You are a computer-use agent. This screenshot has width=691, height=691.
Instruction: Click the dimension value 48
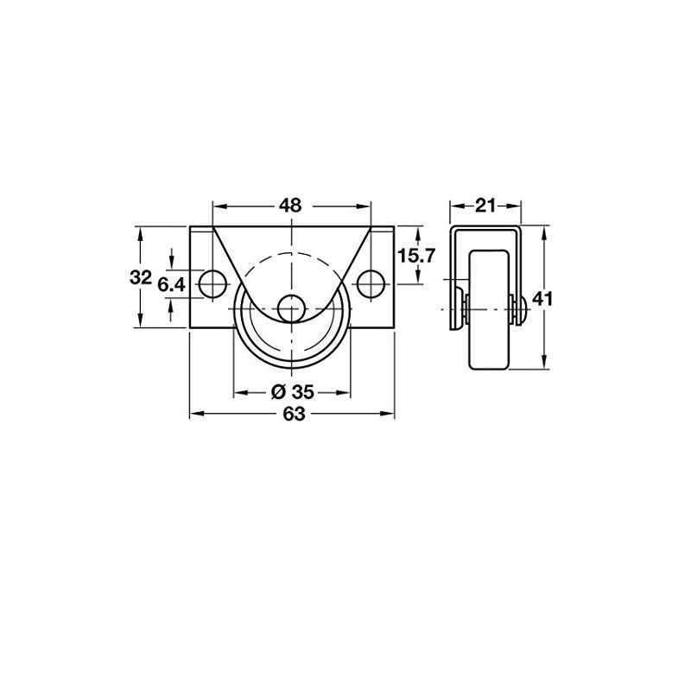click(291, 206)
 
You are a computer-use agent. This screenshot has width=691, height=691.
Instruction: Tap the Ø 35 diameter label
click(291, 391)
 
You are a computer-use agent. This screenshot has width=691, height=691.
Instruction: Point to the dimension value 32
click(140, 278)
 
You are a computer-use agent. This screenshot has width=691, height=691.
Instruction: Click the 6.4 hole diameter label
click(172, 283)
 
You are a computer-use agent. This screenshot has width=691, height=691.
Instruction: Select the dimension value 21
click(485, 206)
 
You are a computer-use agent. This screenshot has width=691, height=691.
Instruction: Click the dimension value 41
click(542, 299)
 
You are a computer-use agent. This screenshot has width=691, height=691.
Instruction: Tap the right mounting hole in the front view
click(371, 282)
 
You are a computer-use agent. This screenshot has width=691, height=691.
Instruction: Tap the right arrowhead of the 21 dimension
click(518, 206)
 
